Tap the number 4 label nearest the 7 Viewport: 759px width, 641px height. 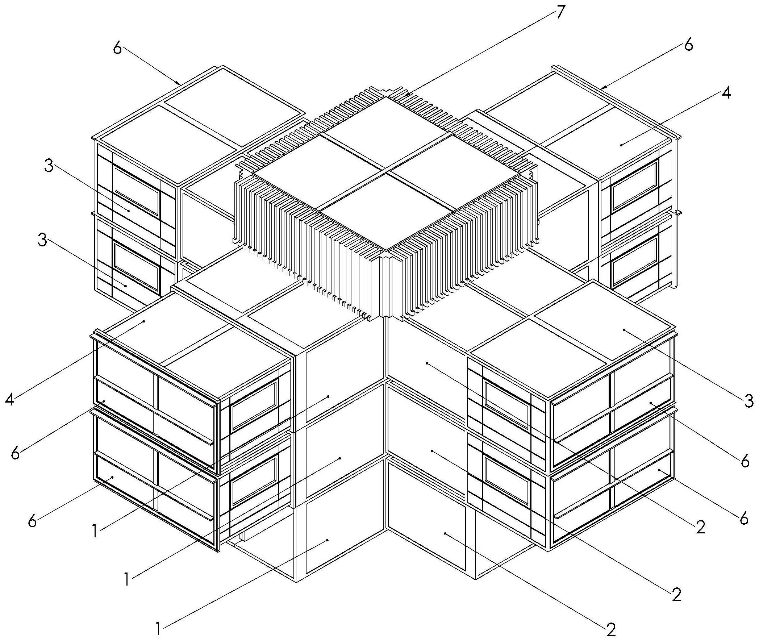point(725,93)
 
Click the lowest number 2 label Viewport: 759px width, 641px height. point(611,629)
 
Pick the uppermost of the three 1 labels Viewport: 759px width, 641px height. point(95,531)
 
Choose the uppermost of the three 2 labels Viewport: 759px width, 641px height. point(700,526)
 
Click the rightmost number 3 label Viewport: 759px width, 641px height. point(748,401)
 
